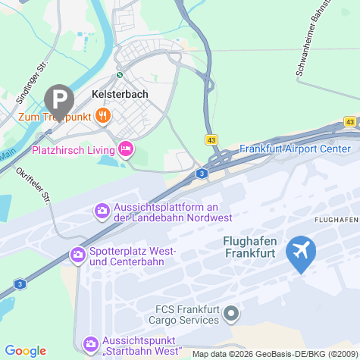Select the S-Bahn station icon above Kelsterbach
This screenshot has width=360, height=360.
tap(119, 75)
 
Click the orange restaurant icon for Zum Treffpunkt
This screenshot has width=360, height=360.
tap(103, 116)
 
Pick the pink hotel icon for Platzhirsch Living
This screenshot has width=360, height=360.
tap(126, 149)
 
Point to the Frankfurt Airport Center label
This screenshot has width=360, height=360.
tap(296, 149)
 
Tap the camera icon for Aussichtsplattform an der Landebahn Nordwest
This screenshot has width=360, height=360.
tap(102, 210)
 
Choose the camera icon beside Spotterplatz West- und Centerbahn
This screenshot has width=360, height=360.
tap(77, 255)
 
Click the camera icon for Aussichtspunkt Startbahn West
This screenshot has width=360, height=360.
tap(91, 345)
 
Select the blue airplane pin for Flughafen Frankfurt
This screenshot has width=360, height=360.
tap(302, 253)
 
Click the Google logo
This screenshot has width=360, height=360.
tap(26, 350)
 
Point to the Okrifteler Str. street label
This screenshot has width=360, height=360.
tap(38, 185)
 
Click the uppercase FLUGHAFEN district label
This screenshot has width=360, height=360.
tap(335, 219)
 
